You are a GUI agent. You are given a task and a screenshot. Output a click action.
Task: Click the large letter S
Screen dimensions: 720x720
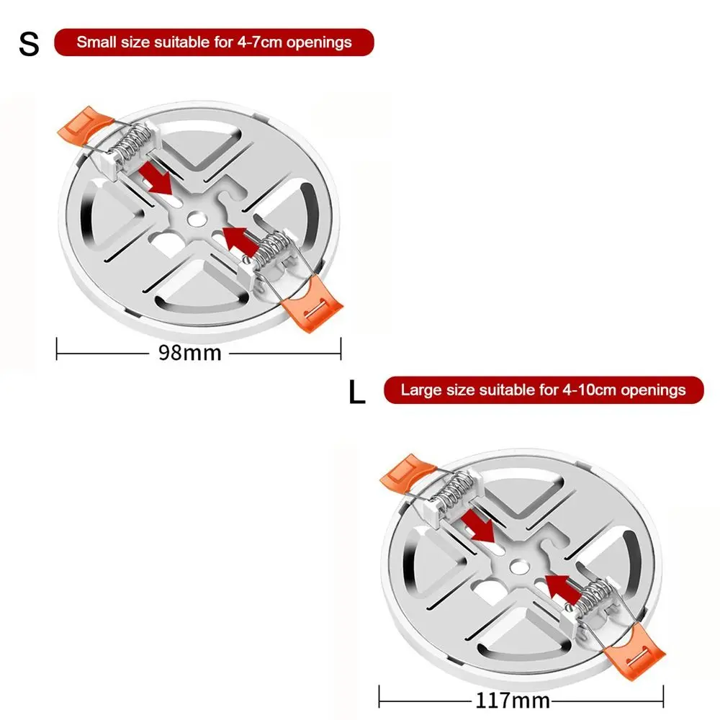(x=29, y=45)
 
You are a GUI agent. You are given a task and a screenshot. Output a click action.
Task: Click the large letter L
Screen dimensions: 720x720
(x=357, y=392)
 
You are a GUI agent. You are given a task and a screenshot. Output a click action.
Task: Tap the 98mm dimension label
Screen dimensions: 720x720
(x=189, y=353)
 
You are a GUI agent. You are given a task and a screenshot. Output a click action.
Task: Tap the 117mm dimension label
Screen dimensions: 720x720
(x=513, y=701)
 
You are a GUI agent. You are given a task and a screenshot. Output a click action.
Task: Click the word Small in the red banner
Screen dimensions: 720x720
(x=96, y=42)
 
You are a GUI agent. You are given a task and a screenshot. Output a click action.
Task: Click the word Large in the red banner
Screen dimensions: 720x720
(x=421, y=390)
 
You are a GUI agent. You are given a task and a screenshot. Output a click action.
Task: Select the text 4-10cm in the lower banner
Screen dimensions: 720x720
(x=589, y=390)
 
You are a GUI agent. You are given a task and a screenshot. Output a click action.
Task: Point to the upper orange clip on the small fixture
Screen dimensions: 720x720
(x=85, y=123)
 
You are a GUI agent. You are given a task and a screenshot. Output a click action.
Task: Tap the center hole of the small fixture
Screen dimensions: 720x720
(x=197, y=219)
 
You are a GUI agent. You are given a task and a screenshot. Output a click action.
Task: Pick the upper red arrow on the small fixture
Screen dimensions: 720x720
(x=156, y=178)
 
